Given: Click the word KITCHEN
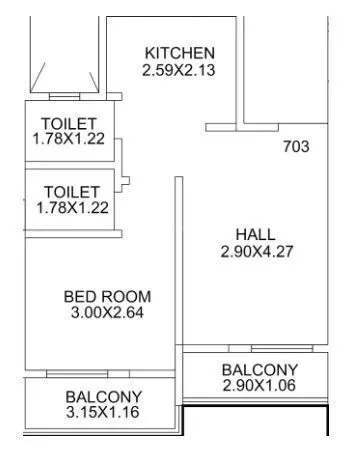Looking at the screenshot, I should pos(180,53).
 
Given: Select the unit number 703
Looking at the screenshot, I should pos(296,147).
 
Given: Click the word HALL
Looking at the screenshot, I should pos(255,235).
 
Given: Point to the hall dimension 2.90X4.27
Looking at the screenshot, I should pos(255,252).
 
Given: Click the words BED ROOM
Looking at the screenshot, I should pos(107,296).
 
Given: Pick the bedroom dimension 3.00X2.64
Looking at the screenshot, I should pos(107,312).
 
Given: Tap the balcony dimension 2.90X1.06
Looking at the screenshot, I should pos(260,386).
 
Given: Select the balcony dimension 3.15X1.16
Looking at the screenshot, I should pos(104,412).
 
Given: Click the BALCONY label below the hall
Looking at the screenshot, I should pos(260,370).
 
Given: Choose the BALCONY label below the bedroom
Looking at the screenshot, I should pos(104,396).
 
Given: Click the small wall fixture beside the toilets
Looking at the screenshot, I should pos(125,181).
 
